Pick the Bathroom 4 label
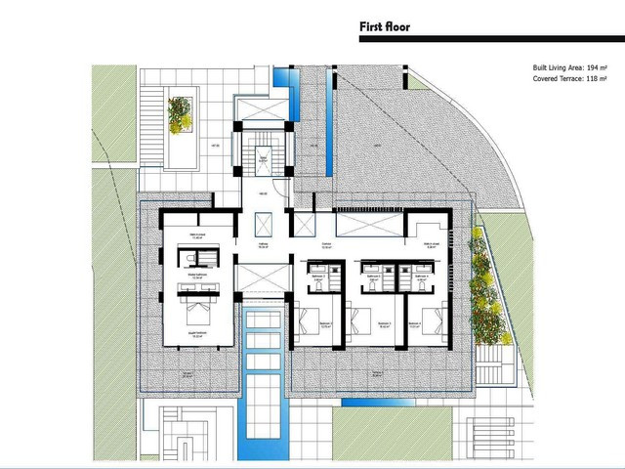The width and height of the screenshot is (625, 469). (x=422, y=277)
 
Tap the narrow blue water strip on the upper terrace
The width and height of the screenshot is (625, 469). (x=328, y=127)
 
